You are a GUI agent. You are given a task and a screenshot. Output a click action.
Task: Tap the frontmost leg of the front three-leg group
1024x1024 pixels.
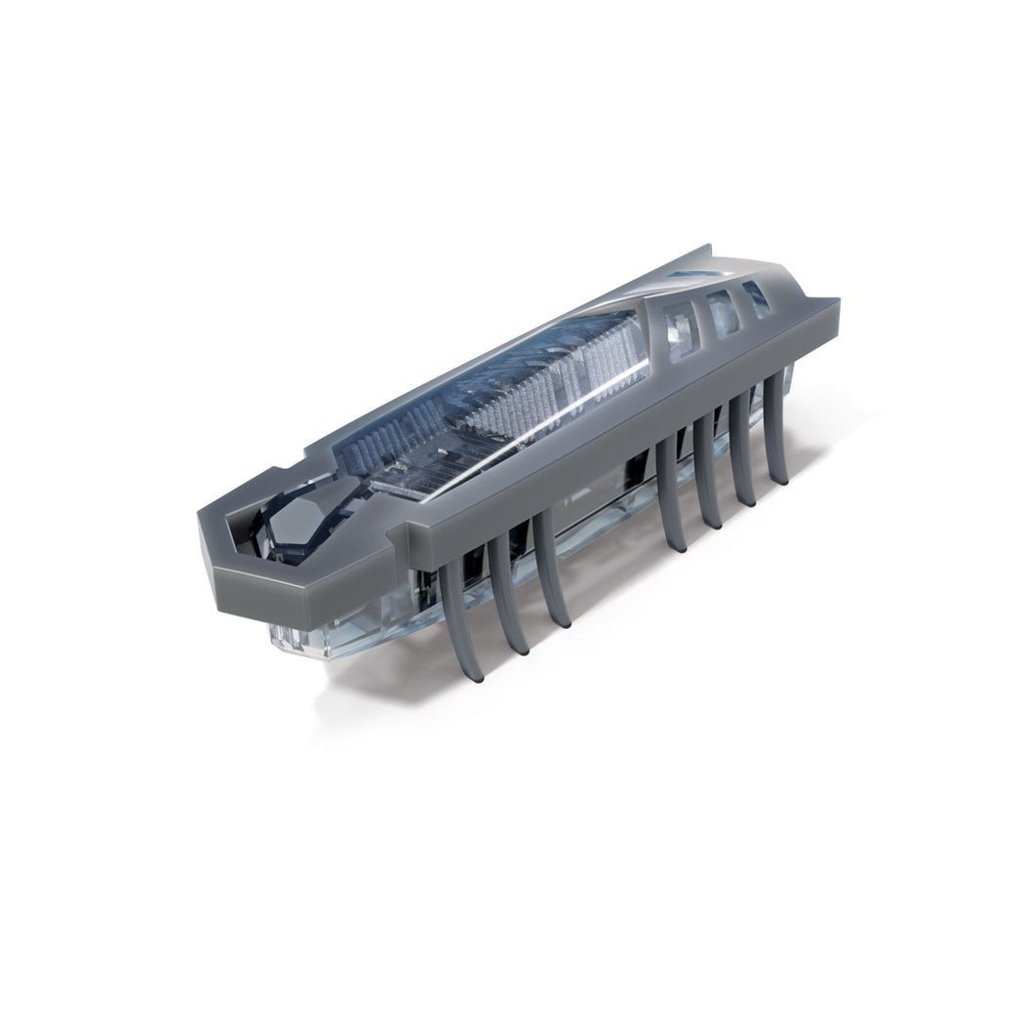[x=456, y=605]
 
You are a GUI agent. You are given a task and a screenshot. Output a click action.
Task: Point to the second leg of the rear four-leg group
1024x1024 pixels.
[x=709, y=468]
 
